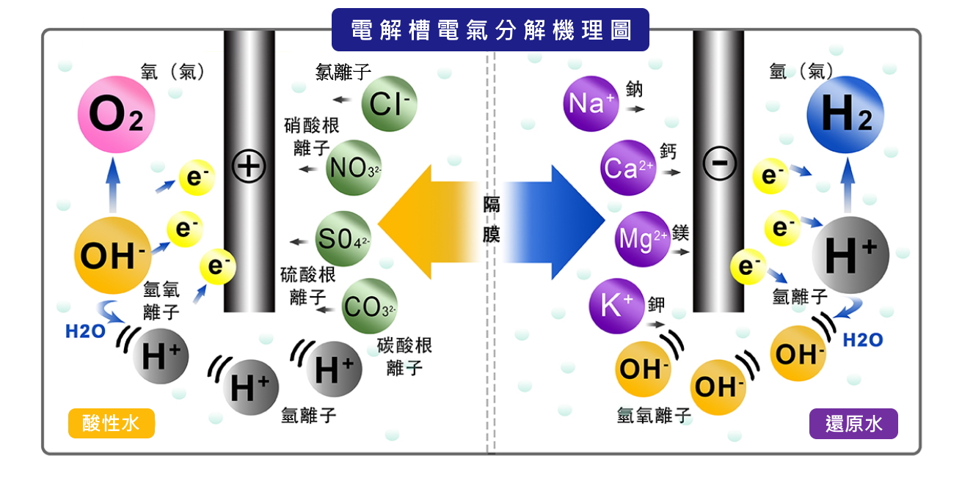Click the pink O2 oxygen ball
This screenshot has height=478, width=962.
[116, 115]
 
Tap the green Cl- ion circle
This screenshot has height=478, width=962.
[389, 103]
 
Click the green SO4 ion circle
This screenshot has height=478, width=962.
[343, 239]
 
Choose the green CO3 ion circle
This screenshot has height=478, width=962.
[369, 306]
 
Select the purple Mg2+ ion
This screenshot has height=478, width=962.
[643, 238]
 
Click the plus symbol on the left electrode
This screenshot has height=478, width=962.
[249, 166]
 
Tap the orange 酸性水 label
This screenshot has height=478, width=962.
[111, 423]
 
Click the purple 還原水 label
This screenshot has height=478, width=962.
[853, 424]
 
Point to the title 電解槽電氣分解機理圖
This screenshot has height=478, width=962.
[490, 29]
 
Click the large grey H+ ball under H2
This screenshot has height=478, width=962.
[850, 255]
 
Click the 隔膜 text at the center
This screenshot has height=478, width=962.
[491, 219]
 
